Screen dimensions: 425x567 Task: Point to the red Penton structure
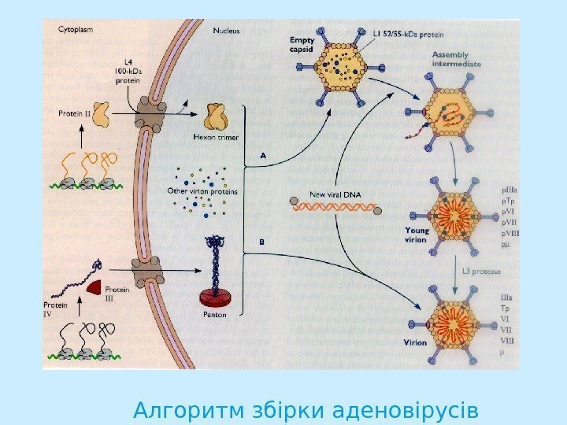[216, 295]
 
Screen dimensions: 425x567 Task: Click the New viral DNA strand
[335, 207]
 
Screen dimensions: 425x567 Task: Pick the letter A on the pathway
[264, 156]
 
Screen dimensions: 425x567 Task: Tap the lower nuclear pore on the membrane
[146, 272]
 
